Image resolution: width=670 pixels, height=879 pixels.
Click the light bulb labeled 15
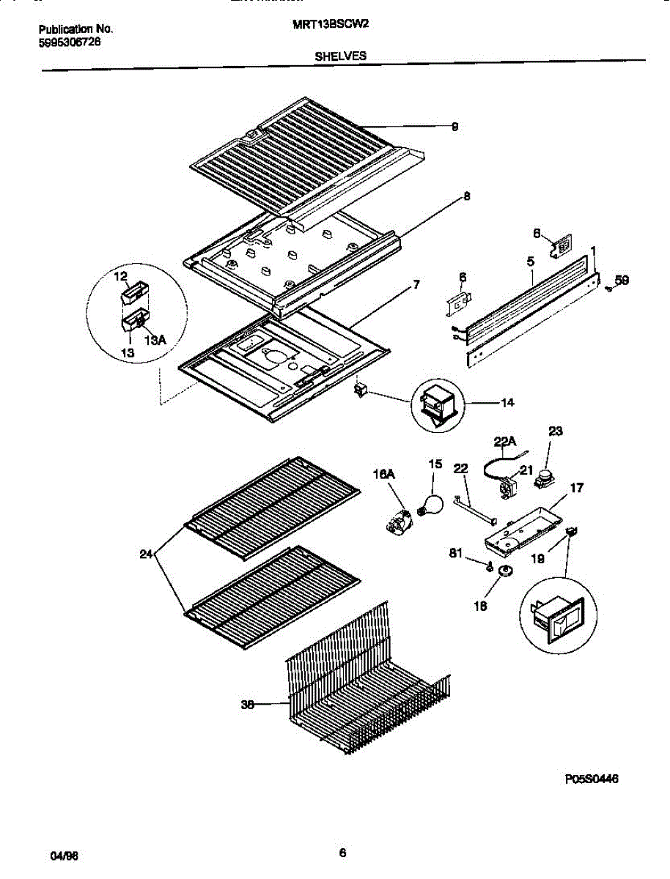(430, 505)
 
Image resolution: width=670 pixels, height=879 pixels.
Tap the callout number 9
(454, 127)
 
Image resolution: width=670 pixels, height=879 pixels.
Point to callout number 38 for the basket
(247, 705)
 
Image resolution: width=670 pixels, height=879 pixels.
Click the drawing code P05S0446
(592, 780)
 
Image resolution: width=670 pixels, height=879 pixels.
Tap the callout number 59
(622, 279)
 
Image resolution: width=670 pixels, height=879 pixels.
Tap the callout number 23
(555, 431)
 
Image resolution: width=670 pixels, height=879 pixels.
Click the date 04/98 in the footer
(62, 856)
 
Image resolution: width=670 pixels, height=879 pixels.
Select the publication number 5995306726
(70, 42)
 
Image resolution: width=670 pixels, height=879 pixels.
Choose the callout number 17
(577, 486)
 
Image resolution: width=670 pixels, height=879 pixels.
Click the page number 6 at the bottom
(342, 853)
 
